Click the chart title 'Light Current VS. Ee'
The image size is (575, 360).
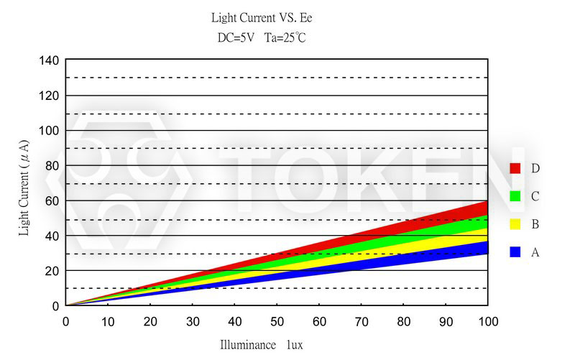(262, 17)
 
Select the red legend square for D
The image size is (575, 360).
(515, 168)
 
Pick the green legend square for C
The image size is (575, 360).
(515, 196)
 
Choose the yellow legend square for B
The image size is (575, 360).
(515, 224)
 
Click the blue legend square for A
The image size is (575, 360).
(515, 252)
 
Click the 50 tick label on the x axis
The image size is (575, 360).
(277, 320)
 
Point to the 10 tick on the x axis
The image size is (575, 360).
(108, 320)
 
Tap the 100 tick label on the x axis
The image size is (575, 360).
(487, 320)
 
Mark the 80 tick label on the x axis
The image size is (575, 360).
(403, 320)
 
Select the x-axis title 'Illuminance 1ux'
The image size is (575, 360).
(261, 345)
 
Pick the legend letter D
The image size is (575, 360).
(535, 168)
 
